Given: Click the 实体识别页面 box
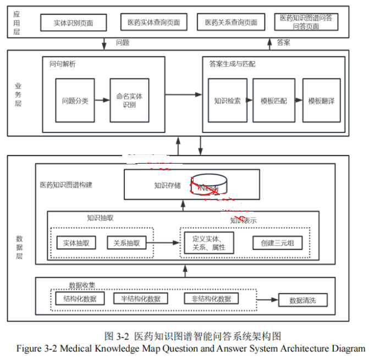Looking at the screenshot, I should click(x=73, y=23).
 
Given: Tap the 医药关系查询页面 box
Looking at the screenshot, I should click(x=231, y=23).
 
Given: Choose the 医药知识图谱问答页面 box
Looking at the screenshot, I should click(x=306, y=22).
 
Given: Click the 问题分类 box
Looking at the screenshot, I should click(x=75, y=101).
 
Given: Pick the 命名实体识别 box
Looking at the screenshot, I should click(x=130, y=101).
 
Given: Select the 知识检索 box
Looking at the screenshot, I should click(x=227, y=101).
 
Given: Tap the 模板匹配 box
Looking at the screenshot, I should click(x=274, y=101).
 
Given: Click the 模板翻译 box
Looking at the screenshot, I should click(x=321, y=101).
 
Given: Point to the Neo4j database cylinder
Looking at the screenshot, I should click(x=208, y=185).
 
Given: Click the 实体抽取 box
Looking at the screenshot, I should click(x=76, y=243).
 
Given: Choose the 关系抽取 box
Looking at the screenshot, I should click(x=126, y=243).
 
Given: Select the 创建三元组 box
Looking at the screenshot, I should click(x=277, y=243).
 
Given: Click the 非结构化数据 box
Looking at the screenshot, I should click(x=211, y=299).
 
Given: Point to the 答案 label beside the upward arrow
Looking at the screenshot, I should click(x=284, y=42).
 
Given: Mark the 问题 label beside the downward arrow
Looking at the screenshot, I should click(x=123, y=42).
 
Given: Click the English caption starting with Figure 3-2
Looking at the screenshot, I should click(x=191, y=348).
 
